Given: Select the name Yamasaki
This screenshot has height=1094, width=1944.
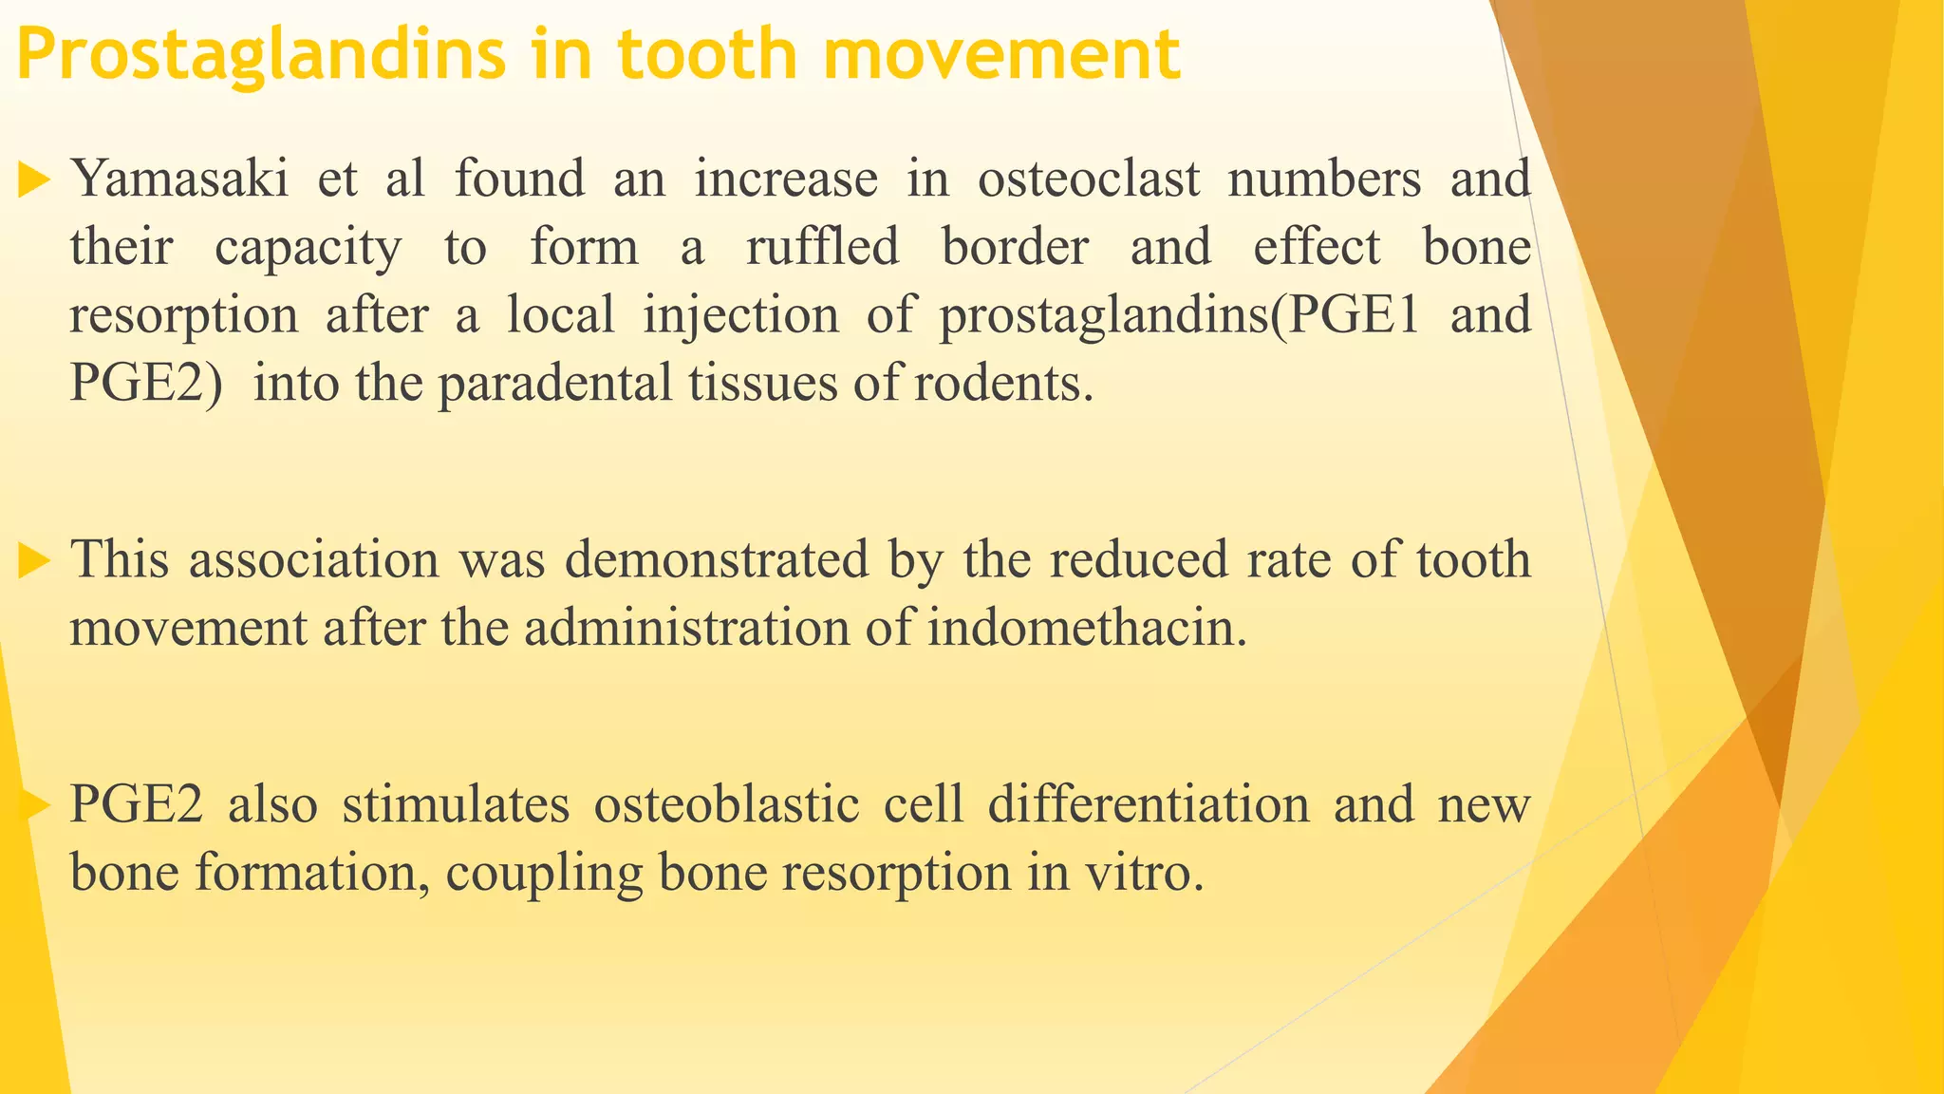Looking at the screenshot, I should point(179,179).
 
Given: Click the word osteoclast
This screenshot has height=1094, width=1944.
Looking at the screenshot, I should point(1089,179).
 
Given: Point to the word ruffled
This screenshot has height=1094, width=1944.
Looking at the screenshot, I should point(822,247).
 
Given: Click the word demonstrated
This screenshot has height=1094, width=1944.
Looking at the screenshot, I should point(717,558).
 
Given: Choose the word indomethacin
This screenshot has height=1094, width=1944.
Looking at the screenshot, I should point(1087,627).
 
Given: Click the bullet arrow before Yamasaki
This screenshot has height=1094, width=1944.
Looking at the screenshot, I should point(33,179).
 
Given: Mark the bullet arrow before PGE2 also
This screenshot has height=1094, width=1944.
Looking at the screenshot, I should point(33,805).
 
